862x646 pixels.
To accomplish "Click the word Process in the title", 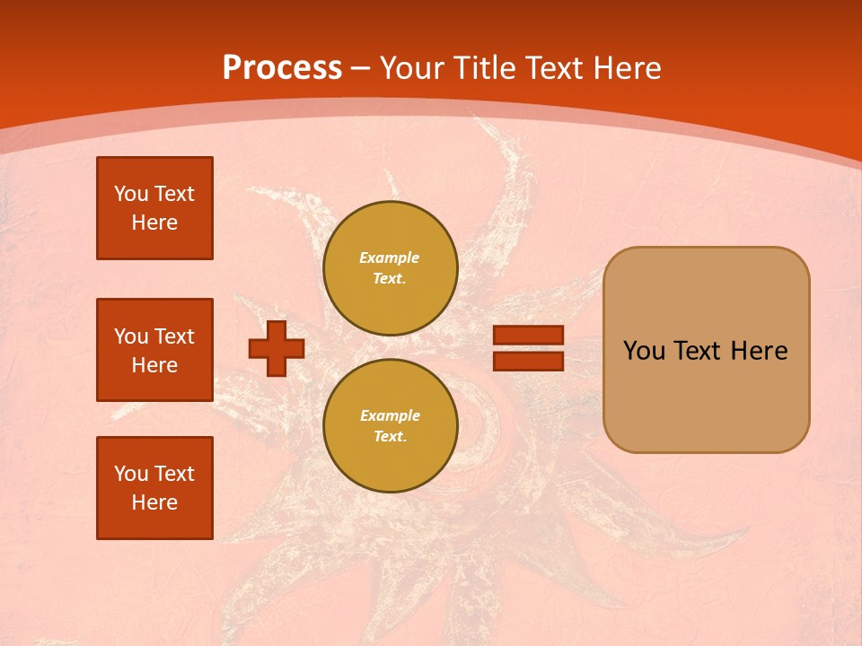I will point(282,68).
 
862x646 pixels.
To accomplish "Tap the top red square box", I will point(154,208).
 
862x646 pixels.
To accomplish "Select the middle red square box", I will point(154,350).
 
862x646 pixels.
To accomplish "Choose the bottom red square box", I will point(154,488).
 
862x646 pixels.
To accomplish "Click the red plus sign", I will point(277,348).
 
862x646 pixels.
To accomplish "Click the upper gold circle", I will point(390,268).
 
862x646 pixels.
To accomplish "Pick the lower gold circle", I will point(390,426).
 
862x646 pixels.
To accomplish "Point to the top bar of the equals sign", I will point(528,336).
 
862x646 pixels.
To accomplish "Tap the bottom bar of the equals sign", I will point(528,361).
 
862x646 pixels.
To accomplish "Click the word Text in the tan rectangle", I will point(698,351).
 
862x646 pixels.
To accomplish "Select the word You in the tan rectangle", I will point(644,351).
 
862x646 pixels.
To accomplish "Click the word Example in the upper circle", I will point(390,258).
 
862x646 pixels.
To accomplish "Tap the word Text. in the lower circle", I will point(390,437).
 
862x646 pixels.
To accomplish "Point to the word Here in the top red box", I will point(154,223).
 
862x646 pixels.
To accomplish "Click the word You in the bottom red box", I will point(130,474).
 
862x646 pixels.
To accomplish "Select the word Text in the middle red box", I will point(173,336).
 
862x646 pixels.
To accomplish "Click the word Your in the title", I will point(412,68).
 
